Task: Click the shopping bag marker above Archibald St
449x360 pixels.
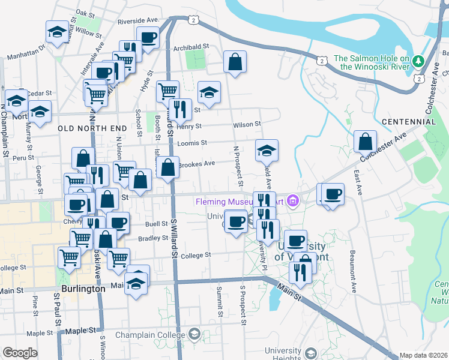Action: pyautogui.click(x=235, y=62)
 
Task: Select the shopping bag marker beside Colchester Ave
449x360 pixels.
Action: pyautogui.click(x=365, y=142)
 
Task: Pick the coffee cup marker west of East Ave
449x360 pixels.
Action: pyautogui.click(x=333, y=194)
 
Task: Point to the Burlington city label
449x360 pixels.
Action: pyautogui.click(x=80, y=289)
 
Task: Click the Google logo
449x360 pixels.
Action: pyautogui.click(x=20, y=353)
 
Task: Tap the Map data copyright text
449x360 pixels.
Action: pyautogui.click(x=423, y=355)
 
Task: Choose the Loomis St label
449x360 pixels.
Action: pyautogui.click(x=192, y=143)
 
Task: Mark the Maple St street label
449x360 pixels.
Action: pyautogui.click(x=40, y=332)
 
